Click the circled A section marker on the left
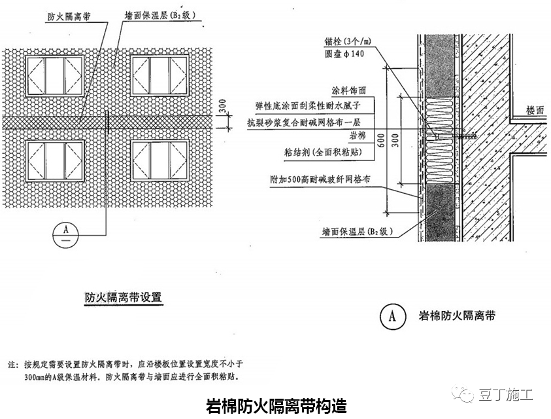(x=64, y=230)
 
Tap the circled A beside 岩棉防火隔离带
(x=393, y=316)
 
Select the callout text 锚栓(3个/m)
(x=344, y=41)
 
